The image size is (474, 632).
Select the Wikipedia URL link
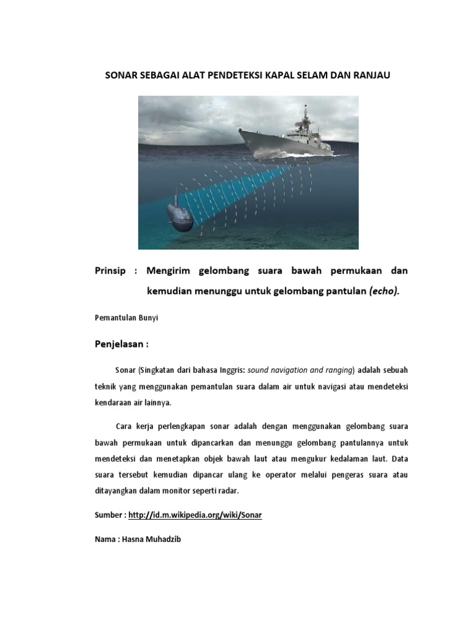click(x=195, y=515)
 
